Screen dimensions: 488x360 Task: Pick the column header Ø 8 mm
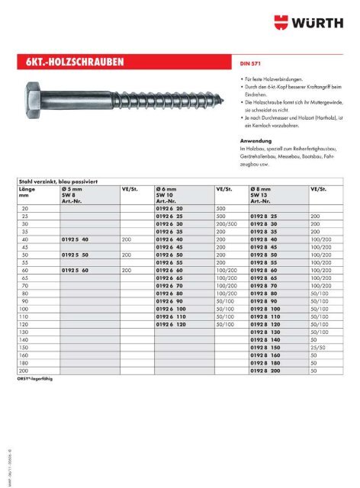[x=263, y=188]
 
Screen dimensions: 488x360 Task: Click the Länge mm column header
[x=28, y=191]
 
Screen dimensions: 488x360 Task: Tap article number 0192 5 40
[x=76, y=239]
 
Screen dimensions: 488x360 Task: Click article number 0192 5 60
[x=76, y=269]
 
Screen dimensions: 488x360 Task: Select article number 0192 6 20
[x=169, y=207]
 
